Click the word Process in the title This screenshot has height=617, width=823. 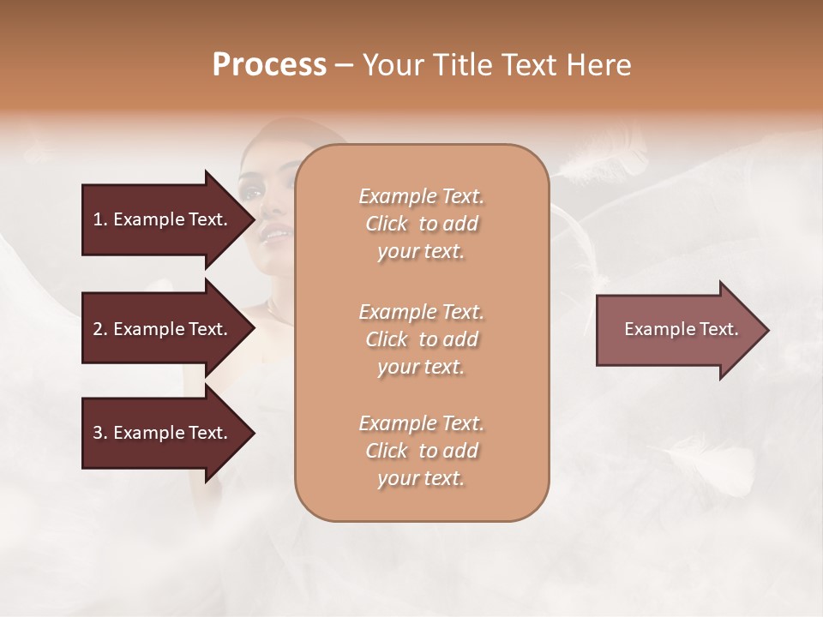(269, 65)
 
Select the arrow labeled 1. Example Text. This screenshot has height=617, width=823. (163, 219)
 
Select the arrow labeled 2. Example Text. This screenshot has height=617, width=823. (163, 329)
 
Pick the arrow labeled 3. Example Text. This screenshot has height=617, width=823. (163, 433)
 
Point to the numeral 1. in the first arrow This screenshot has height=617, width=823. (100, 219)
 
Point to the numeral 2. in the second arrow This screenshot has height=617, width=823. (100, 329)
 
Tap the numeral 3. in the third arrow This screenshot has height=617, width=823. (100, 433)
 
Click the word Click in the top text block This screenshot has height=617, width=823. (387, 225)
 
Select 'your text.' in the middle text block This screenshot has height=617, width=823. (421, 368)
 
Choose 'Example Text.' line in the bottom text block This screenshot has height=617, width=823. (421, 423)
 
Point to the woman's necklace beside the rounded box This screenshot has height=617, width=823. (277, 310)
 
